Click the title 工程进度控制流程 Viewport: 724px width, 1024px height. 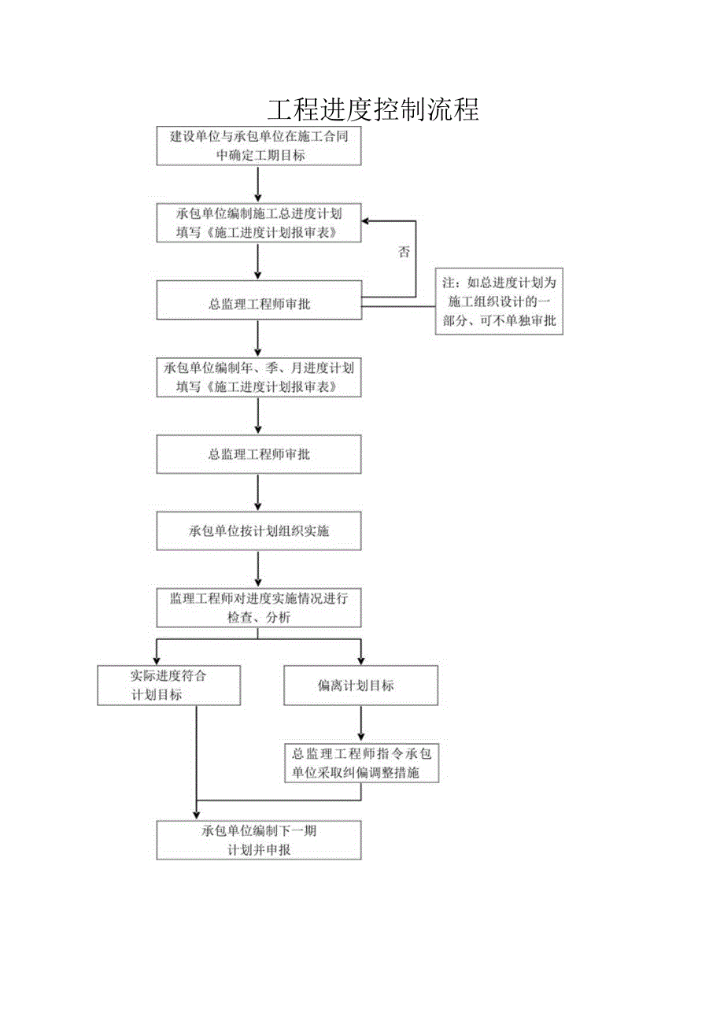click(372, 109)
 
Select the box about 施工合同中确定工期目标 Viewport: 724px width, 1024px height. click(259, 146)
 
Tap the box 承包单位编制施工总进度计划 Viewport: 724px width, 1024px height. click(259, 223)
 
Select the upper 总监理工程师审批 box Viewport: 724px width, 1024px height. click(259, 304)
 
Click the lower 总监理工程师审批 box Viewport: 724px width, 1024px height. click(259, 455)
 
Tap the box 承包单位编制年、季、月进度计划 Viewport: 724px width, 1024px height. click(259, 377)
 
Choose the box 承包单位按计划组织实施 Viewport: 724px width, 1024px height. click(259, 530)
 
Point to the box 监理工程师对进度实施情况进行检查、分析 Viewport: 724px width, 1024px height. click(259, 608)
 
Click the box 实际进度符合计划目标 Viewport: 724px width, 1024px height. click(169, 685)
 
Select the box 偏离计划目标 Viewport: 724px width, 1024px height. click(360, 686)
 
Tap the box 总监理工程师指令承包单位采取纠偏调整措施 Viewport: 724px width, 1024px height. click(360, 763)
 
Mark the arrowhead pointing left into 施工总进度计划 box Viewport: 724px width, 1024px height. click(368, 221)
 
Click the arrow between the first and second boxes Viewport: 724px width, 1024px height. click(258, 184)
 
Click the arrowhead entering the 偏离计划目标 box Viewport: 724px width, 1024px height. click(361, 660)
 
